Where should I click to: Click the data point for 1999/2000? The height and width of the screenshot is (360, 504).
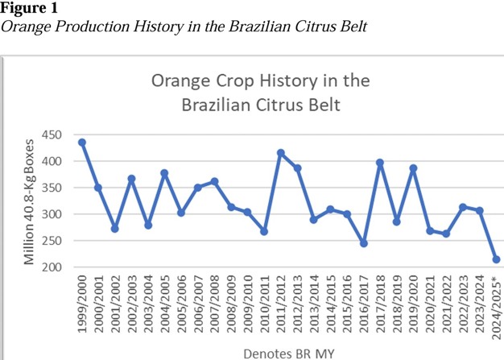(x=82, y=143)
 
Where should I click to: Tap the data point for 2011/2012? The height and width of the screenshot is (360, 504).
(x=281, y=153)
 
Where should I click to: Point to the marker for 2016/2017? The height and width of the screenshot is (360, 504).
(x=364, y=243)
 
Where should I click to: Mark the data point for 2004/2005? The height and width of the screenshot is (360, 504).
(x=164, y=173)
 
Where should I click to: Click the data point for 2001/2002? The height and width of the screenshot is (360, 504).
(x=115, y=229)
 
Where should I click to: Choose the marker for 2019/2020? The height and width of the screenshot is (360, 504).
(x=414, y=168)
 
